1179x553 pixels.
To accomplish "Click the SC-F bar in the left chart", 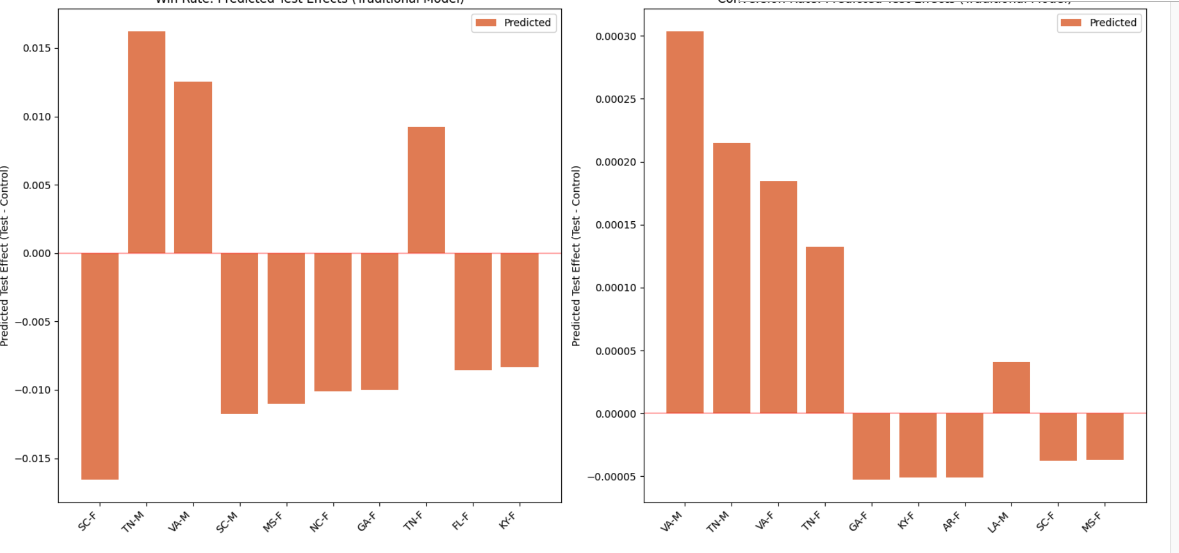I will pyautogui.click(x=100, y=366).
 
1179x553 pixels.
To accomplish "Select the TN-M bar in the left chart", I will pyautogui.click(x=147, y=142).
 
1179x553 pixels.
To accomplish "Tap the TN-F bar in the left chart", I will pyautogui.click(x=426, y=190).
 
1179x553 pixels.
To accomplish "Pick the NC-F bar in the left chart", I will pyautogui.click(x=333, y=322).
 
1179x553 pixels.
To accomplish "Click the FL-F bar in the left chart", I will pyautogui.click(x=473, y=311).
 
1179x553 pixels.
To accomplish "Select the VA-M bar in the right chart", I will pyautogui.click(x=685, y=222).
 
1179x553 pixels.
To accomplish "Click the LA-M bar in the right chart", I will pyautogui.click(x=1011, y=388).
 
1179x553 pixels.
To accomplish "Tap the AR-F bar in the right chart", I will pyautogui.click(x=964, y=445).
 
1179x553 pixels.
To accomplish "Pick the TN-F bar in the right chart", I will pyautogui.click(x=825, y=330).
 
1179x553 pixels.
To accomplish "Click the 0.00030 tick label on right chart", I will pyautogui.click(x=616, y=36).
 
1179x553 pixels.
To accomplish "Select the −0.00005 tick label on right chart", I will pyautogui.click(x=612, y=477).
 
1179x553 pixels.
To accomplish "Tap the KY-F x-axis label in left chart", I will pyautogui.click(x=508, y=521).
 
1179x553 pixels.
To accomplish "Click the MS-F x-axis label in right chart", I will pyautogui.click(x=1092, y=522).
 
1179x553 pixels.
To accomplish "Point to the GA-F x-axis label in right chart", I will pyautogui.click(x=858, y=522).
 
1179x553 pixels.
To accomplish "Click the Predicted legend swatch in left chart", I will pyautogui.click(x=486, y=23).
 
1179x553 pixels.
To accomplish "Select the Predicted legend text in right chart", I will pyautogui.click(x=1113, y=23).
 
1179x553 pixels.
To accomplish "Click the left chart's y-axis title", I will pyautogui.click(x=4, y=255).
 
